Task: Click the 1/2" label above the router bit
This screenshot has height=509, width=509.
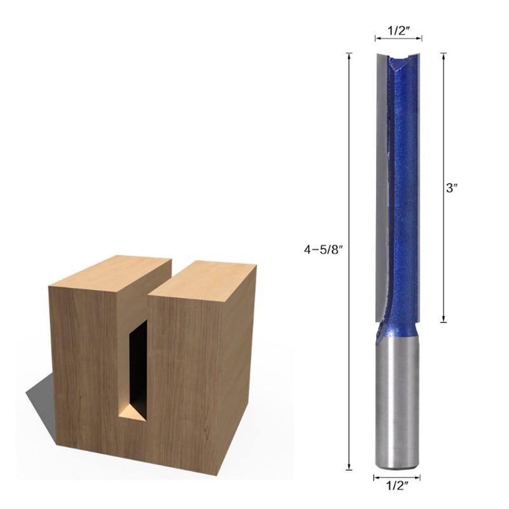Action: pos(398,29)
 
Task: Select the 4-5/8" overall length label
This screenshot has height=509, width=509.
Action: pos(323,250)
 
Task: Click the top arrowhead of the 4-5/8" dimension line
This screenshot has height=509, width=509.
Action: pos(349,55)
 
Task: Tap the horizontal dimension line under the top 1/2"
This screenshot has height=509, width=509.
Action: pos(398,39)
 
